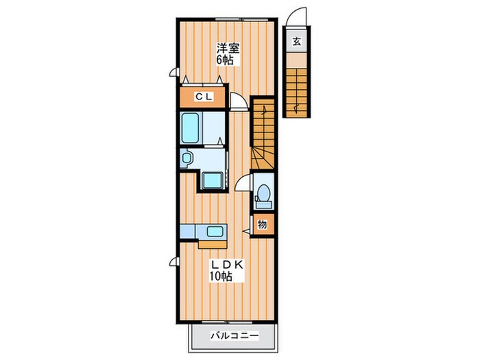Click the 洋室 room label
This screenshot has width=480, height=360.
[x=228, y=49]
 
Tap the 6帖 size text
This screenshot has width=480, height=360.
[x=225, y=60]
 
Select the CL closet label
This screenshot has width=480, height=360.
[x=204, y=97]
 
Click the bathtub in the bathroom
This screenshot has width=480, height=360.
[x=190, y=128]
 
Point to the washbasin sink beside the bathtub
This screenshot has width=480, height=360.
[x=186, y=158]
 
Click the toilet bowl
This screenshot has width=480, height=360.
[x=263, y=193]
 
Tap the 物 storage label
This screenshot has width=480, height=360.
[x=262, y=225]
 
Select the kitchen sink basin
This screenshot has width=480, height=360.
[x=215, y=230]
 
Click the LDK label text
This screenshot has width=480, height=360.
[x=226, y=265]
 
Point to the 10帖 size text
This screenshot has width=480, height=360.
[x=220, y=276]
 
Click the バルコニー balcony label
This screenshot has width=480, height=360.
[x=235, y=336]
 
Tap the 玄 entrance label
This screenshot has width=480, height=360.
[x=296, y=41]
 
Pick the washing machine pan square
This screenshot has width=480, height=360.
[x=213, y=180]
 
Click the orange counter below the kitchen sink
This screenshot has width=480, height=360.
[x=213, y=244]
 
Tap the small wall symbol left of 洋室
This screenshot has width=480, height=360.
[x=173, y=72]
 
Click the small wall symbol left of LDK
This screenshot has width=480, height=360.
[x=173, y=262]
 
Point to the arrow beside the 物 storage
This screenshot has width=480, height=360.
[x=246, y=231]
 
